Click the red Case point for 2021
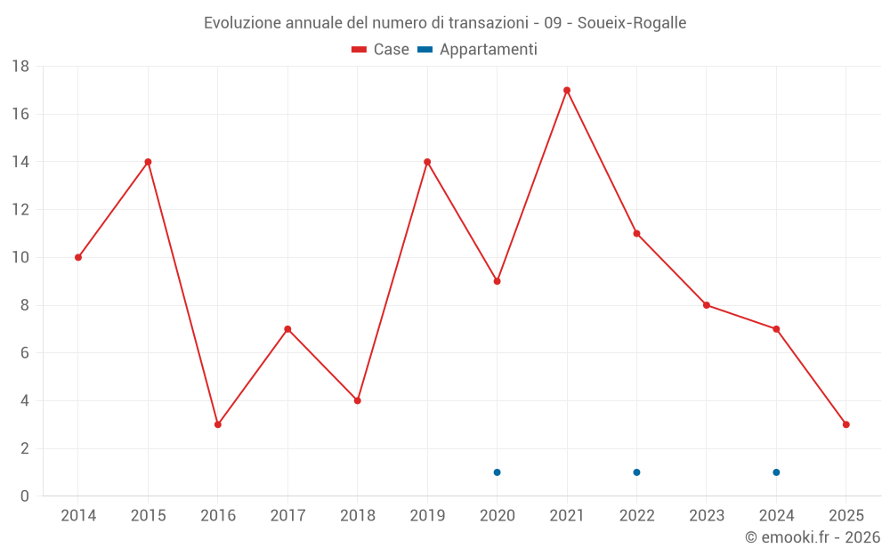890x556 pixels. point(567,90)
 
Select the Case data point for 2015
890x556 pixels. point(148,162)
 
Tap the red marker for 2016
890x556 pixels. point(218,424)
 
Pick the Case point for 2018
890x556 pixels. point(358,400)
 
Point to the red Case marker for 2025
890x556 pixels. point(846,424)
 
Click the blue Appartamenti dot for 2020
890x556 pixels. point(498,472)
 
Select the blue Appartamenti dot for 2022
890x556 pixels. point(637,472)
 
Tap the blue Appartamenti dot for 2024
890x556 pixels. point(777,472)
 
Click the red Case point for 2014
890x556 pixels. point(78,257)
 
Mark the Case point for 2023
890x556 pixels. point(707,305)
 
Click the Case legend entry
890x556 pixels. point(381,50)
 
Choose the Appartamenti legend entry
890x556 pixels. point(478,50)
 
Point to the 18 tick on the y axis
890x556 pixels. point(20,67)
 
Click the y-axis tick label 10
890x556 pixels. point(20,258)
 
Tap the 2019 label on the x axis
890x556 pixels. point(427,515)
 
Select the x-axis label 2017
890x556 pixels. point(287,515)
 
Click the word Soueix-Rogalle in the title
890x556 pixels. point(632,23)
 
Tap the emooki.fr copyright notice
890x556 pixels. point(813,537)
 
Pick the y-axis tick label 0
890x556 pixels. point(25,496)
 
